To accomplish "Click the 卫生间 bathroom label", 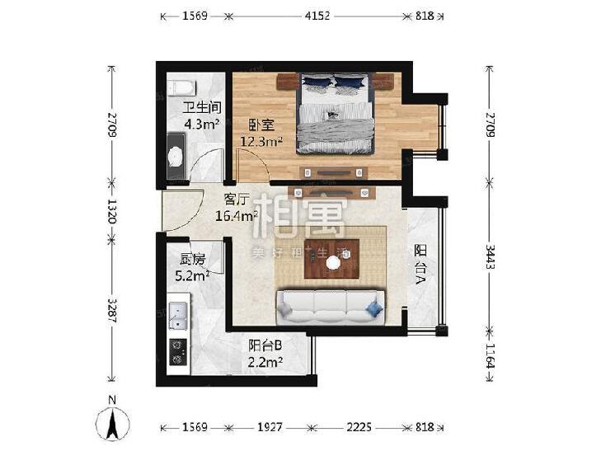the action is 202,108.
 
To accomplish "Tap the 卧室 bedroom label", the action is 261,125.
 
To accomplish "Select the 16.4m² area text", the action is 236,216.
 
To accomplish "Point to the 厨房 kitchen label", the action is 192,260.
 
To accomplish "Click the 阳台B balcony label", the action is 265,345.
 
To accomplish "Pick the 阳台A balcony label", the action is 420,265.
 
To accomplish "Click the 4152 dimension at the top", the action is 317,16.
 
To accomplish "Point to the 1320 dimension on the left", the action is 112,211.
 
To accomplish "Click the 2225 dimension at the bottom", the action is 359,427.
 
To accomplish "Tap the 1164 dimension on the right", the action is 490,356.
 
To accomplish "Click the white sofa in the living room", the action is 331,308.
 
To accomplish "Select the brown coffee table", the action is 332,259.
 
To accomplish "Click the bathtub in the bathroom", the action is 181,87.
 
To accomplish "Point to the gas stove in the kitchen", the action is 178,352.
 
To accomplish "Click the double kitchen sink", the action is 178,316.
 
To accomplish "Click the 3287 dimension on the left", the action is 112,310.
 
